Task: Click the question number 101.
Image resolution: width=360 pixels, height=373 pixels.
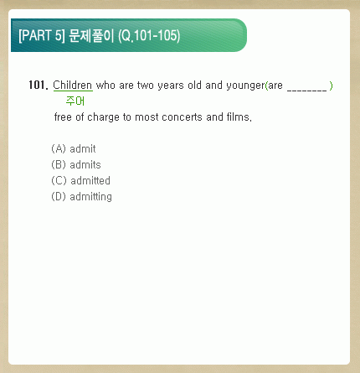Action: [36, 85]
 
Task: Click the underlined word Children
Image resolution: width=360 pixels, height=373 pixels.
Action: [73, 85]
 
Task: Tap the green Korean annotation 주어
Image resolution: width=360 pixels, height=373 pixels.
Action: [75, 101]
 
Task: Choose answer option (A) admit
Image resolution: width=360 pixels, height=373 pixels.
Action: [74, 148]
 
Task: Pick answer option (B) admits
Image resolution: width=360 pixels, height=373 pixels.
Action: [76, 164]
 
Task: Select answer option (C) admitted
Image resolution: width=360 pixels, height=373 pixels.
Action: [80, 180]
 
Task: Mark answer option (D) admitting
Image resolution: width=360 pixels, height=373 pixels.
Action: [81, 197]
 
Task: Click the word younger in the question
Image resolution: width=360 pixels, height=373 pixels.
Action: [245, 85]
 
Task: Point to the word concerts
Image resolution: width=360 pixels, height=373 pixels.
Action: [182, 117]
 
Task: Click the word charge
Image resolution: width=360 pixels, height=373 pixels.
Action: [103, 117]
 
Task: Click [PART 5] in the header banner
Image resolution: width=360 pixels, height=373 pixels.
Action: [42, 35]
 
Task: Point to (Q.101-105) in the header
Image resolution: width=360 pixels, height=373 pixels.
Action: [149, 36]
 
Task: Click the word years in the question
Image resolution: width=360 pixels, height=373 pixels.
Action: [171, 85]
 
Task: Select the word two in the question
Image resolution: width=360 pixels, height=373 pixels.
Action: [146, 85]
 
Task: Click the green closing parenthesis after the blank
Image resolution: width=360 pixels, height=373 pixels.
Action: [331, 85]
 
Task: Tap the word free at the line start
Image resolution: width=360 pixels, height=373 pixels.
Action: [63, 117]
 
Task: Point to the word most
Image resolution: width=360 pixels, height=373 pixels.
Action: [147, 117]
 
